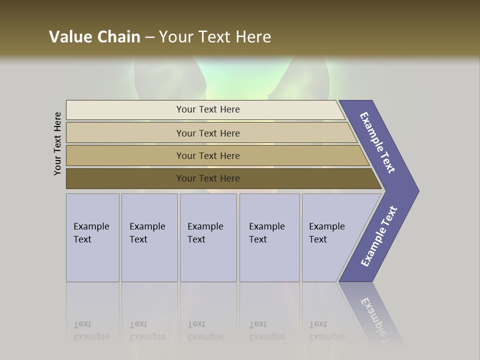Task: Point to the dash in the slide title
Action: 149,37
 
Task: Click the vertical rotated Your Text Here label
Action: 57,143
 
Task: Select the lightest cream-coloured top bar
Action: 207,109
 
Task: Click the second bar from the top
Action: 207,133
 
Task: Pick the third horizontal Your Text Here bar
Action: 207,155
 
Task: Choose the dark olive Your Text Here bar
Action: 207,178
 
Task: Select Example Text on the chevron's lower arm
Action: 379,236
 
